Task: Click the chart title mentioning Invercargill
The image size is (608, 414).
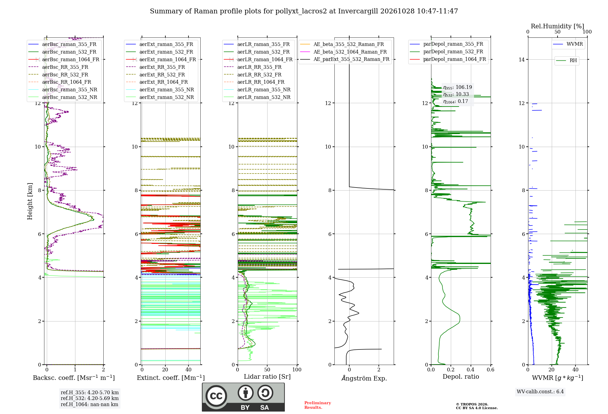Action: (x=304, y=11)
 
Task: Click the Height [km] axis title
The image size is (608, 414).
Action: (x=30, y=201)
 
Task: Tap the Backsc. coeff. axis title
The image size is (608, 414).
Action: (x=74, y=378)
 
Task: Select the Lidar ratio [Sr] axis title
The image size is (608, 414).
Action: (x=267, y=377)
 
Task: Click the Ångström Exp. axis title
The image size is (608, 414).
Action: (x=364, y=378)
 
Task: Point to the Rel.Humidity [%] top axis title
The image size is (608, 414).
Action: (x=558, y=26)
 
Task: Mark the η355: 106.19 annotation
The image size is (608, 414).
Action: (x=458, y=87)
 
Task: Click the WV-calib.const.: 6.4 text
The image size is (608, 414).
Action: (x=540, y=392)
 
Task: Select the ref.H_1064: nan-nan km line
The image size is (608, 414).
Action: (x=89, y=405)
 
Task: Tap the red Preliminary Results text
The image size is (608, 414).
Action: (x=318, y=405)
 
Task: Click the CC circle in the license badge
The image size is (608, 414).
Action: (x=216, y=396)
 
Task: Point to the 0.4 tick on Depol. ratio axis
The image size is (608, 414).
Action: (x=471, y=370)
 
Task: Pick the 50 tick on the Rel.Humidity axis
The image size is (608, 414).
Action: (x=558, y=32)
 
